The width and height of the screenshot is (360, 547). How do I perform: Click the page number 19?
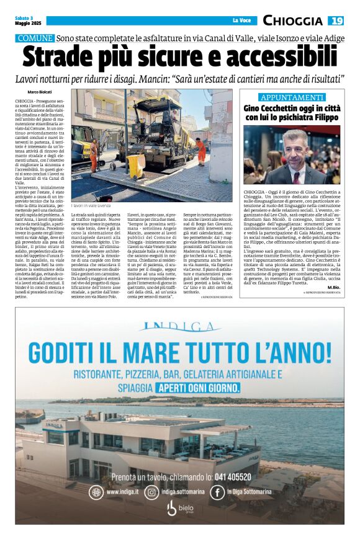click(x=336, y=21)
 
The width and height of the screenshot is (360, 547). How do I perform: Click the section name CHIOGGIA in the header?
click(x=292, y=21)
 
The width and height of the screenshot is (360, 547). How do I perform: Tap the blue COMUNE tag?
click(x=35, y=38)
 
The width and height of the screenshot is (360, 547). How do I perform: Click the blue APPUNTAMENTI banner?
click(x=291, y=97)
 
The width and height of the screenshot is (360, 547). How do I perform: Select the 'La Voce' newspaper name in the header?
click(x=241, y=21)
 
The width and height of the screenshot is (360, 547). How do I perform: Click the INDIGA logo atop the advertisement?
click(x=179, y=327)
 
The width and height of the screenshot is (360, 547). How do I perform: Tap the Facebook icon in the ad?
click(x=217, y=492)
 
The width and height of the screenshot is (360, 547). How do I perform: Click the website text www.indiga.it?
click(x=122, y=492)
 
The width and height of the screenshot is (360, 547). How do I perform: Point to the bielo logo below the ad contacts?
click(x=179, y=509)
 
